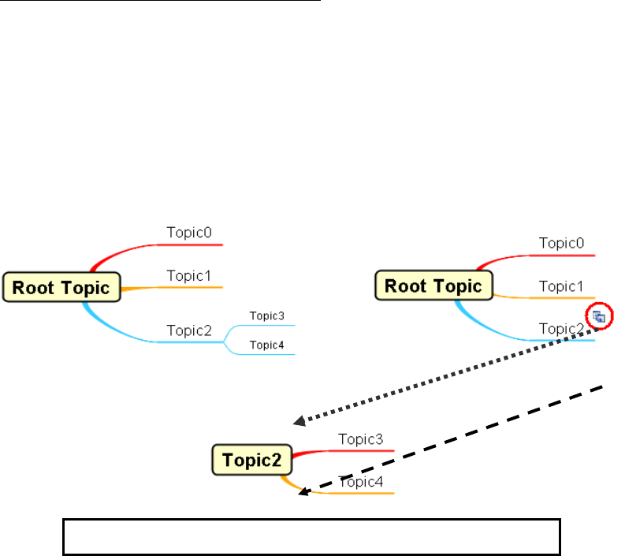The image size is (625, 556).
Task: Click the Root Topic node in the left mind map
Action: tap(61, 287)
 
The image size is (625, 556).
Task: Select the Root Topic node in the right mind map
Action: tap(433, 285)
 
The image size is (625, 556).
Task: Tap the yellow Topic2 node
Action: tap(251, 460)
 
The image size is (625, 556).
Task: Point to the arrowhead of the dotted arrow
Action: tap(299, 423)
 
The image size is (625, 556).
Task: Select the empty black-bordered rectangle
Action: tap(311, 537)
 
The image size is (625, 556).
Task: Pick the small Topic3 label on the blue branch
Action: tap(266, 316)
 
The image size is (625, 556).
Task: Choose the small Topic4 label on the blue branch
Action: tap(266, 345)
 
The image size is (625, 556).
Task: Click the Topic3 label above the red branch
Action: tap(360, 438)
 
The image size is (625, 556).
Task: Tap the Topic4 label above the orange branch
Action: tap(362, 482)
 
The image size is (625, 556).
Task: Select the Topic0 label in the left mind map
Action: tap(189, 233)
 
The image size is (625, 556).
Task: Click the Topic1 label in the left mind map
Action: tap(189, 276)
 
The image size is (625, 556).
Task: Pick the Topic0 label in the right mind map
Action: tap(561, 243)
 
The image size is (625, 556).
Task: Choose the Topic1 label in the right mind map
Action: tap(561, 286)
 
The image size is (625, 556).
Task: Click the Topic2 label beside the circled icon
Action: tap(561, 329)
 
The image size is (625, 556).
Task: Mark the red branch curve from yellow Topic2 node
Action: tap(311, 452)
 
